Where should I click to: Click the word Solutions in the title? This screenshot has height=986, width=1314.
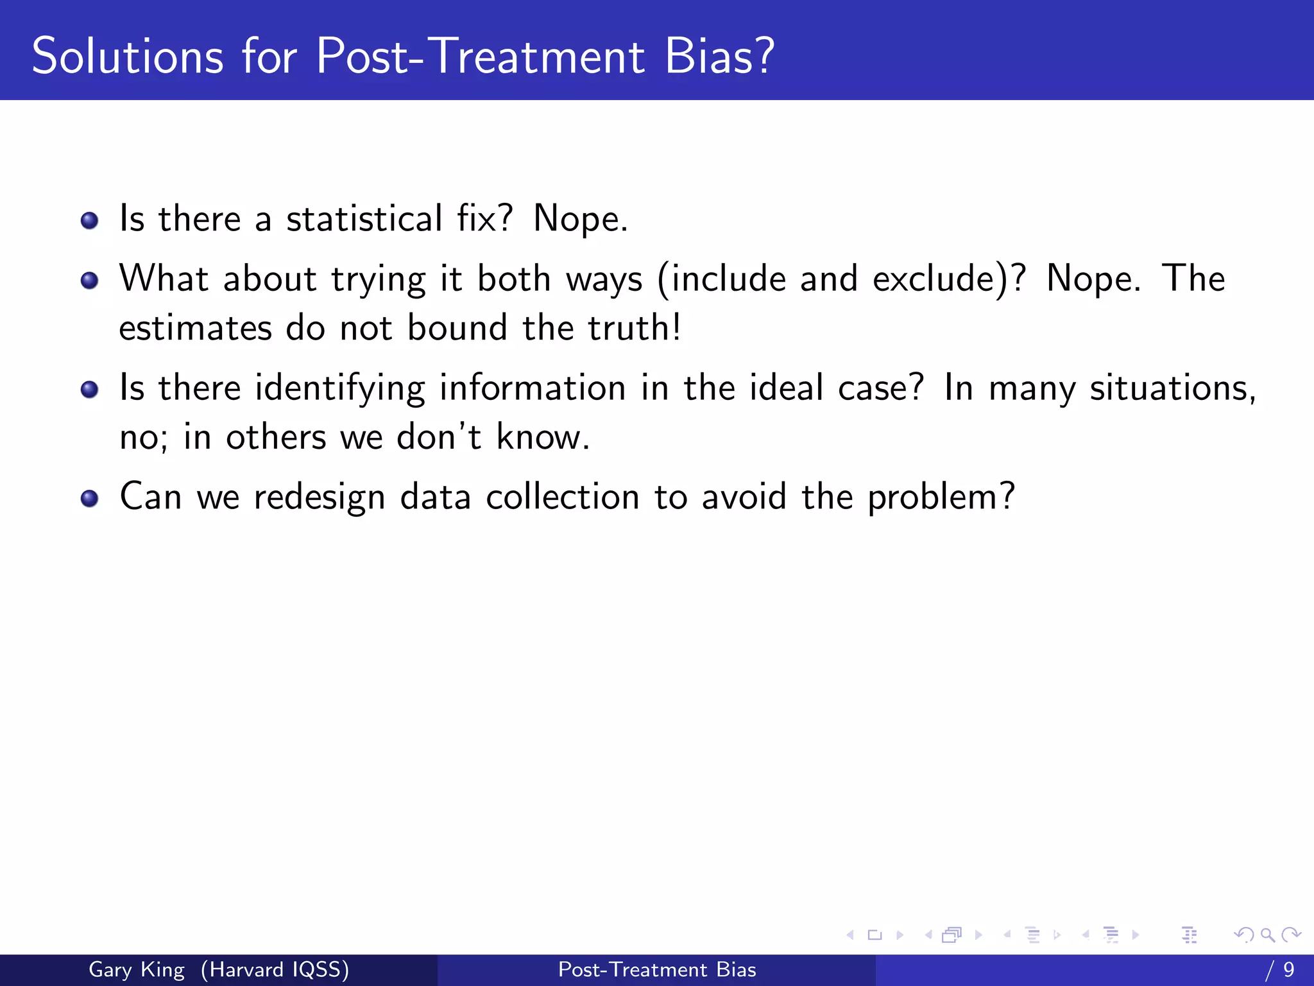127,56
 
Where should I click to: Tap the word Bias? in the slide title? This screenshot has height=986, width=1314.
719,56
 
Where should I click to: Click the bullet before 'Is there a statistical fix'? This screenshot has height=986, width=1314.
89,221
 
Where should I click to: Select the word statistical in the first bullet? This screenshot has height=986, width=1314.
364,219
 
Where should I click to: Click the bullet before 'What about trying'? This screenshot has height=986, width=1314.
89,281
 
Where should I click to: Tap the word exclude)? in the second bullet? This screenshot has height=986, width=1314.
949,279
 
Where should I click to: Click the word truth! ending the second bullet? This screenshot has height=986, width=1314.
635,328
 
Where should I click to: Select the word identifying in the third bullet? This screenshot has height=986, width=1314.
339,389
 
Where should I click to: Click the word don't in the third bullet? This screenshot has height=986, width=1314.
439,438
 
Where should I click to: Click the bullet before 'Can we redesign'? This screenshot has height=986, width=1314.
89,499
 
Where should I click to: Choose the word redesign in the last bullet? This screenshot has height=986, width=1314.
319,498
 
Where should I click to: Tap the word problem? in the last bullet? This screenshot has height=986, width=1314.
941,498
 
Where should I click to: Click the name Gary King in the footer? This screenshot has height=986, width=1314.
136,969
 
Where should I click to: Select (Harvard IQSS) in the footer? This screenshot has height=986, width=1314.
275,969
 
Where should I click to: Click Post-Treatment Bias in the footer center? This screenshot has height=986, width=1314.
657,969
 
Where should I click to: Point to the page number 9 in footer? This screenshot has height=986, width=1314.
1288,969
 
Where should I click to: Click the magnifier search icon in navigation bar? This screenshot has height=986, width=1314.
1267,935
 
